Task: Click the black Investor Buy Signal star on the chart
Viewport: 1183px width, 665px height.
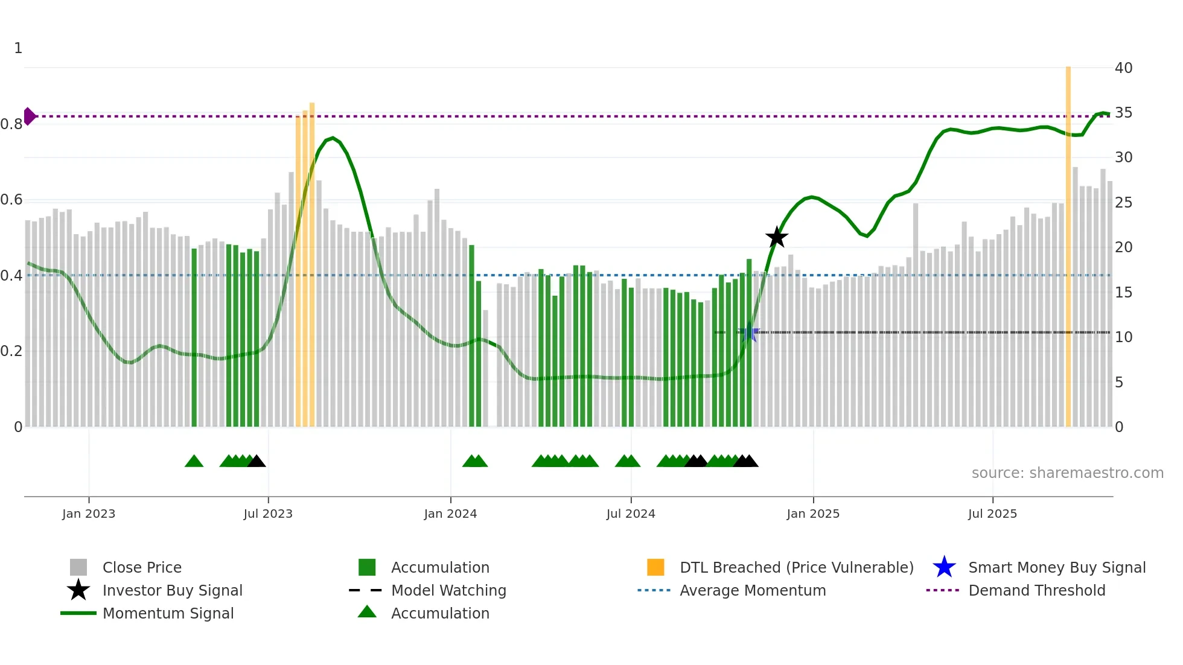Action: click(777, 237)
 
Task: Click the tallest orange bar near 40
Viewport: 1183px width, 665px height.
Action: click(1068, 241)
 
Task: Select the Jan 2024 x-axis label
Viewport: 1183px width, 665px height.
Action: click(450, 514)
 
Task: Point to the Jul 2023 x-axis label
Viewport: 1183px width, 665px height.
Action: click(268, 514)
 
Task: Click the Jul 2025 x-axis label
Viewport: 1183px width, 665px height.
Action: click(992, 514)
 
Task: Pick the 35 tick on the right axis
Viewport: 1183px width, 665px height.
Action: click(1123, 113)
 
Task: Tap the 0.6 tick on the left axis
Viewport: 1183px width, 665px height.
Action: click(11, 200)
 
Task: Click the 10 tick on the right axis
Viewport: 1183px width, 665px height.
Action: click(1123, 337)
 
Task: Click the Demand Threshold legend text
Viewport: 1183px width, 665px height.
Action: click(1036, 590)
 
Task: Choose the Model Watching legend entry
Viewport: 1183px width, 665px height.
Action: click(448, 590)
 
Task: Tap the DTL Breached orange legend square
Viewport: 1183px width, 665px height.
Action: click(655, 567)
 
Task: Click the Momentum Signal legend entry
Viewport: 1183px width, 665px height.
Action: click(168, 613)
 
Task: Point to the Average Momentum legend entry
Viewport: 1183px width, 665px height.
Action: click(752, 590)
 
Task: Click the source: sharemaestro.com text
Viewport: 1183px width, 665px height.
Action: click(1067, 473)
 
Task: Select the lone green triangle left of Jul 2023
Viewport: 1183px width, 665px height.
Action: click(194, 462)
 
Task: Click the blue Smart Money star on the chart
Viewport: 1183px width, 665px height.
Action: click(748, 332)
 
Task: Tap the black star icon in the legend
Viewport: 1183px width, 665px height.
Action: click(78, 590)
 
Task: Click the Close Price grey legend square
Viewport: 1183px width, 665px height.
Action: click(78, 567)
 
